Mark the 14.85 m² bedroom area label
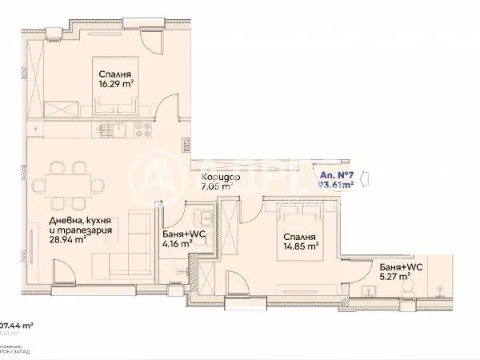coord(300,247)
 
